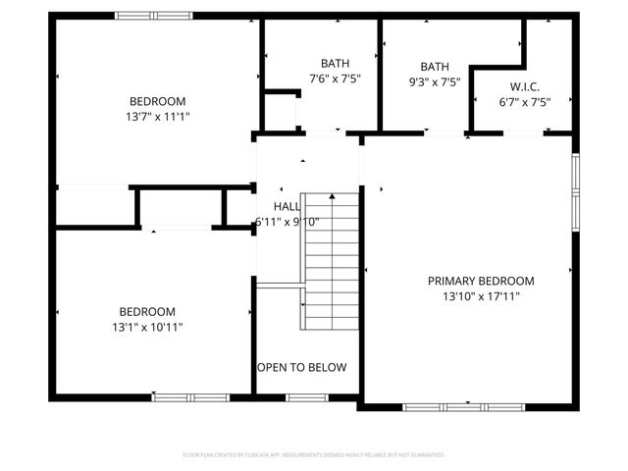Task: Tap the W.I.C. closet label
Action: pos(524,86)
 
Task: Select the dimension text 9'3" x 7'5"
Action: pos(435,82)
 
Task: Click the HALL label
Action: pos(288,206)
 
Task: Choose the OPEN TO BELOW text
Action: pos(301,368)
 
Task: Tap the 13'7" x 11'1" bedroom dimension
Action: pos(158,116)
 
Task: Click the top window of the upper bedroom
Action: pos(154,15)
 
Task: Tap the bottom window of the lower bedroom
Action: pos(190,396)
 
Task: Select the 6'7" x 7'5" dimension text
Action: pos(524,101)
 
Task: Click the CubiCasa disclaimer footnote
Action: pos(314,455)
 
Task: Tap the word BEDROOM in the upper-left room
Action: pos(158,101)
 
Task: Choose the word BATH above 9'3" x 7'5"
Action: pos(435,67)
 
